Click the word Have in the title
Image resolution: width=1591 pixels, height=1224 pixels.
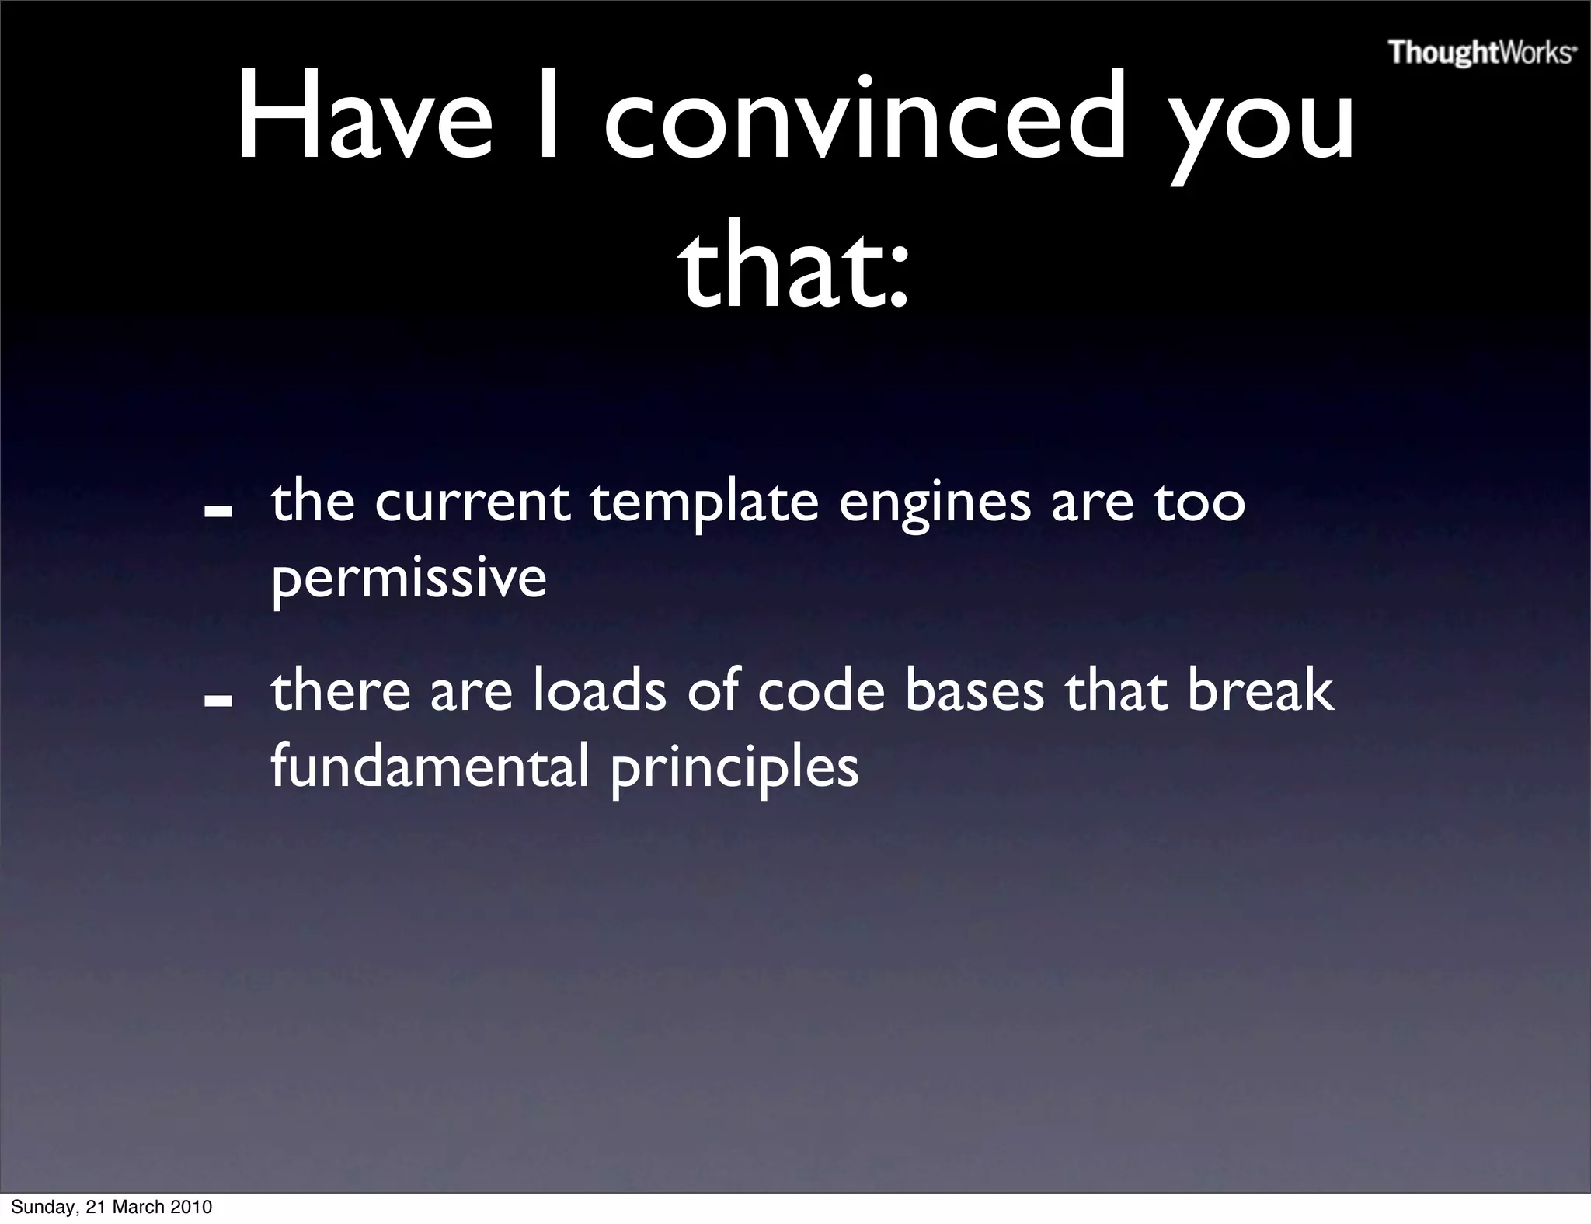coord(364,116)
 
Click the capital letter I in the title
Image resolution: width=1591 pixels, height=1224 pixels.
coord(548,116)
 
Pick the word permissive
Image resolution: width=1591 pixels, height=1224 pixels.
coord(409,579)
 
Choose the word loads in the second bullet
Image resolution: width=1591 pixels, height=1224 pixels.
coord(599,691)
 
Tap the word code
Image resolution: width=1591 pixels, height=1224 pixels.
coord(821,691)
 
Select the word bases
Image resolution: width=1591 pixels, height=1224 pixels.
coord(974,691)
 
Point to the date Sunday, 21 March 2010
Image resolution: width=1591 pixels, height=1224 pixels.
coord(111,1207)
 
